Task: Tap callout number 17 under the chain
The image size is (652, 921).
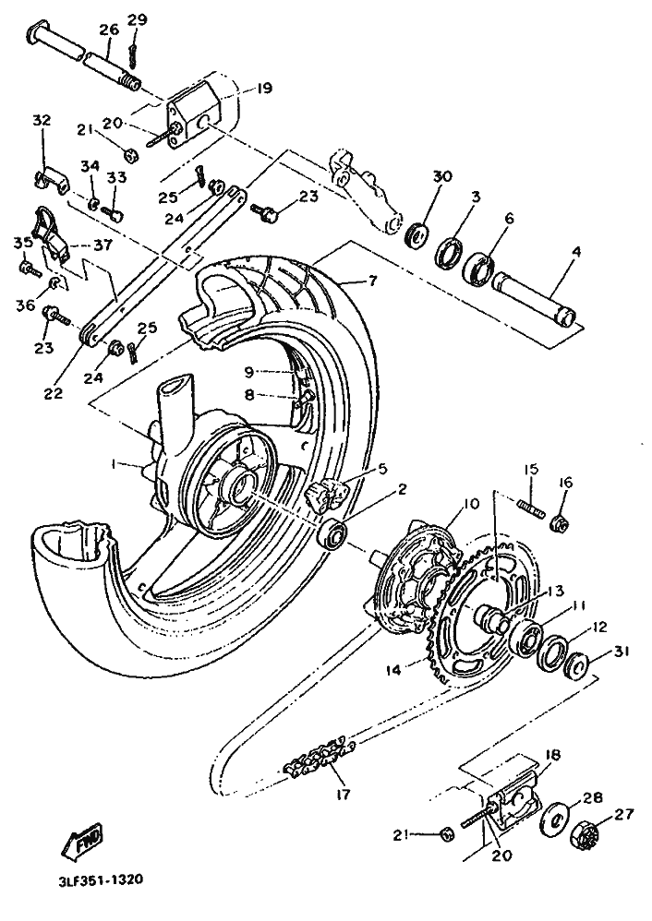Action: click(343, 795)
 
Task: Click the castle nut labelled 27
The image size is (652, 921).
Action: click(584, 834)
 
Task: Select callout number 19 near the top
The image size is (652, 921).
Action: click(264, 89)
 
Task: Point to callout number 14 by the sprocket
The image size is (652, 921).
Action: click(394, 670)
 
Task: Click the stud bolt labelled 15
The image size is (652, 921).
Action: click(531, 504)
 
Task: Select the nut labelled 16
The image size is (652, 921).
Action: click(558, 521)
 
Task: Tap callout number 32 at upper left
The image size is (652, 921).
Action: click(42, 120)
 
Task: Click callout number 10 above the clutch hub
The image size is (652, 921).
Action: click(471, 503)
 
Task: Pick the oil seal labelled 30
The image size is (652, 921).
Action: click(417, 233)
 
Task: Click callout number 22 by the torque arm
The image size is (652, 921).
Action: click(54, 393)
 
